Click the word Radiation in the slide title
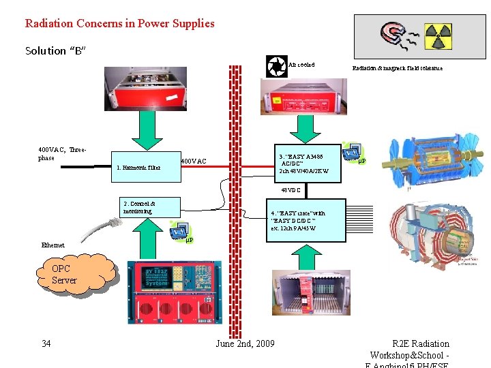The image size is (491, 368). tap(50, 23)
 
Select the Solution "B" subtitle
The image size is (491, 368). tap(55, 51)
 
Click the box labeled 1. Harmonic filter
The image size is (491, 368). tap(144, 167)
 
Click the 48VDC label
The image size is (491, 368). tap(291, 190)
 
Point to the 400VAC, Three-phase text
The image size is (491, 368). tap(62, 153)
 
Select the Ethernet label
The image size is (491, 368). tap(53, 245)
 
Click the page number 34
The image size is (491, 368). tap(46, 343)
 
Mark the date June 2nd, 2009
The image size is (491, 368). tap(245, 343)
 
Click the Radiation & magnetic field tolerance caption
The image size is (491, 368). tap(397, 68)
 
